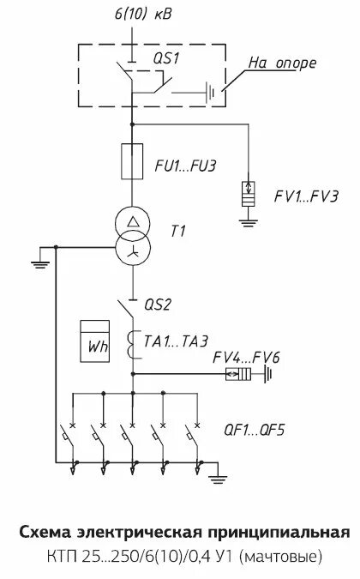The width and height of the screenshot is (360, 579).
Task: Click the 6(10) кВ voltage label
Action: pos(143,14)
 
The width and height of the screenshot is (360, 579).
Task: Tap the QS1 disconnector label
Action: pos(166,58)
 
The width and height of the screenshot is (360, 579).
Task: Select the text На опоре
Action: pos(283,63)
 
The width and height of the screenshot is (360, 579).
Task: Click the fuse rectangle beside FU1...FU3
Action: pos(132,161)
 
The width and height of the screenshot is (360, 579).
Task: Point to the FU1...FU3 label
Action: pos(185,166)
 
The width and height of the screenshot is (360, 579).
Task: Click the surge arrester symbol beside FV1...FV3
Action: pos(249,194)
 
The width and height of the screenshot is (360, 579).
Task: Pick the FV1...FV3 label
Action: pos(306,196)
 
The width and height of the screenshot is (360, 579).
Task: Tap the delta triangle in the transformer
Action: pos(132,222)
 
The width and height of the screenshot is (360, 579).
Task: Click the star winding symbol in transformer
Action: pos(133,252)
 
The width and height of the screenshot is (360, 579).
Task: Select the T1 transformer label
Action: pos(177,231)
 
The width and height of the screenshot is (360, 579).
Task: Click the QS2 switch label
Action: pos(158,305)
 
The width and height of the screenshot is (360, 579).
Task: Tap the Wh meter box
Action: pos(95,341)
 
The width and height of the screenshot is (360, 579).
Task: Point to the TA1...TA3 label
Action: pos(176,341)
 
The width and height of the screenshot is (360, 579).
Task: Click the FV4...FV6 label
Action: pos(246,358)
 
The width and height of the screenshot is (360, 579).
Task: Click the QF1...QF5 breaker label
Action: pos(255,431)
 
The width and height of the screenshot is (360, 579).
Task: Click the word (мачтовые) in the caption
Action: pos(281,557)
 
